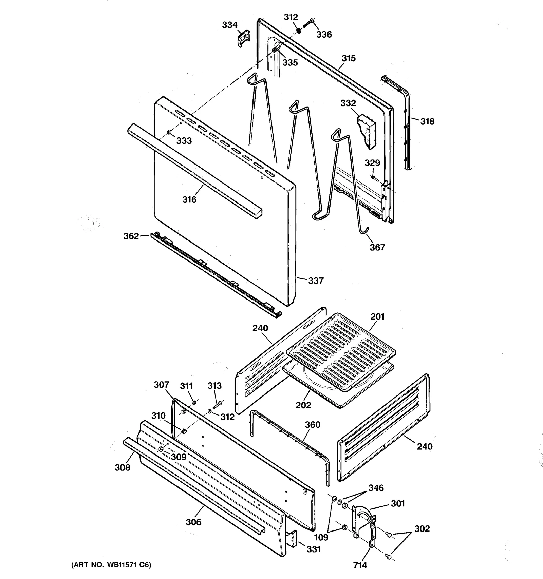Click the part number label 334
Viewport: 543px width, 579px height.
229,25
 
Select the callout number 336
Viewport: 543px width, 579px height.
324,34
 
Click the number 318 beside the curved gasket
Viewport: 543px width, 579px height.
427,121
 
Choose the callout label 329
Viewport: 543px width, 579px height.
372,163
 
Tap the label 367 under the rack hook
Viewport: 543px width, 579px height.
377,247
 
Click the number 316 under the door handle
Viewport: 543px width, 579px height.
189,199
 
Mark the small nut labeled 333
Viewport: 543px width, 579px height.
169,132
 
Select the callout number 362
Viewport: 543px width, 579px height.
131,236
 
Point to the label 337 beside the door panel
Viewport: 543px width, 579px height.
316,281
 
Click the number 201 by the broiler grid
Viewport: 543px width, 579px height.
377,316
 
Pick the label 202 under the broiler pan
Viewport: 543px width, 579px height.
303,405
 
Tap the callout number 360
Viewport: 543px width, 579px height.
312,425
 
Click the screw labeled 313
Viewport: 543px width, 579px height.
217,404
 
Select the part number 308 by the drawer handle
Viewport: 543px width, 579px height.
123,467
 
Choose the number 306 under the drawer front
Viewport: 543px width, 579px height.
193,522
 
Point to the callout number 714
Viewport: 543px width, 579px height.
360,565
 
